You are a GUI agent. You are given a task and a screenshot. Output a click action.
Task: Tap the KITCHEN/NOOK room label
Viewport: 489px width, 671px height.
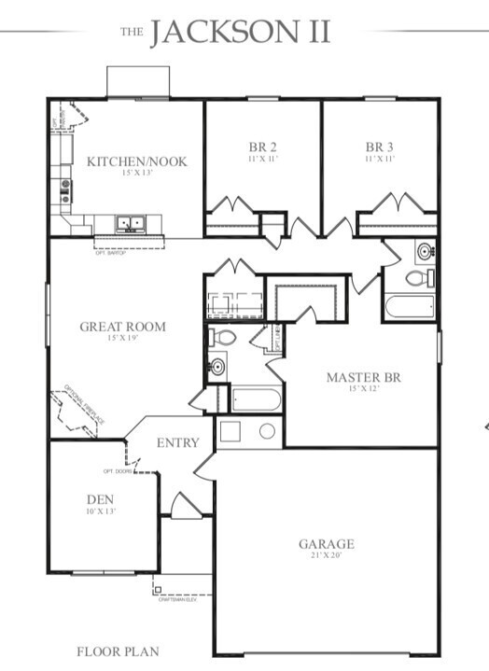pyautogui.click(x=137, y=161)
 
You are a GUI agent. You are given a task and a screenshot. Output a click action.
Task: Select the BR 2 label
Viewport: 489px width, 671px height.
pyautogui.click(x=263, y=147)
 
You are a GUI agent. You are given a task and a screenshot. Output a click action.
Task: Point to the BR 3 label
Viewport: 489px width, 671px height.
pyautogui.click(x=380, y=147)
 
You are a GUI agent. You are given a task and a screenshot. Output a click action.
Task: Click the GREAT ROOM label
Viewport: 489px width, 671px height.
pyautogui.click(x=122, y=327)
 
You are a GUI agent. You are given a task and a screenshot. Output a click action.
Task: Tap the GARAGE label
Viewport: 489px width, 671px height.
pyautogui.click(x=327, y=544)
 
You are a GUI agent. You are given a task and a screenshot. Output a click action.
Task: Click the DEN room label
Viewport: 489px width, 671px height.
pyautogui.click(x=100, y=499)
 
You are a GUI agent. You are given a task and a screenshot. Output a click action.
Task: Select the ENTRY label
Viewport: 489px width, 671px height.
pyautogui.click(x=177, y=442)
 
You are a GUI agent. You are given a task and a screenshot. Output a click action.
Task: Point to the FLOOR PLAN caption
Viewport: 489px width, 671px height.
pyautogui.click(x=118, y=651)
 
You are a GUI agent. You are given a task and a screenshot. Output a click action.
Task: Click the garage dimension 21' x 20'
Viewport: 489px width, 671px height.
pyautogui.click(x=327, y=556)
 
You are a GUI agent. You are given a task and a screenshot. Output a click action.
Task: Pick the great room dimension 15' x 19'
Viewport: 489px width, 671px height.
pyautogui.click(x=122, y=339)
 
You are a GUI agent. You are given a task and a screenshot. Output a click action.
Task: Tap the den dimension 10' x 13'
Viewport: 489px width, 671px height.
pyautogui.click(x=100, y=511)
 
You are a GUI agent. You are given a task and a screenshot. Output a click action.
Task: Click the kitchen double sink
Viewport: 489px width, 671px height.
pyautogui.click(x=130, y=223)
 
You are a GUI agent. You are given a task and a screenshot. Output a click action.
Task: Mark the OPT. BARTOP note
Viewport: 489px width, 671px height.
pyautogui.click(x=111, y=251)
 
